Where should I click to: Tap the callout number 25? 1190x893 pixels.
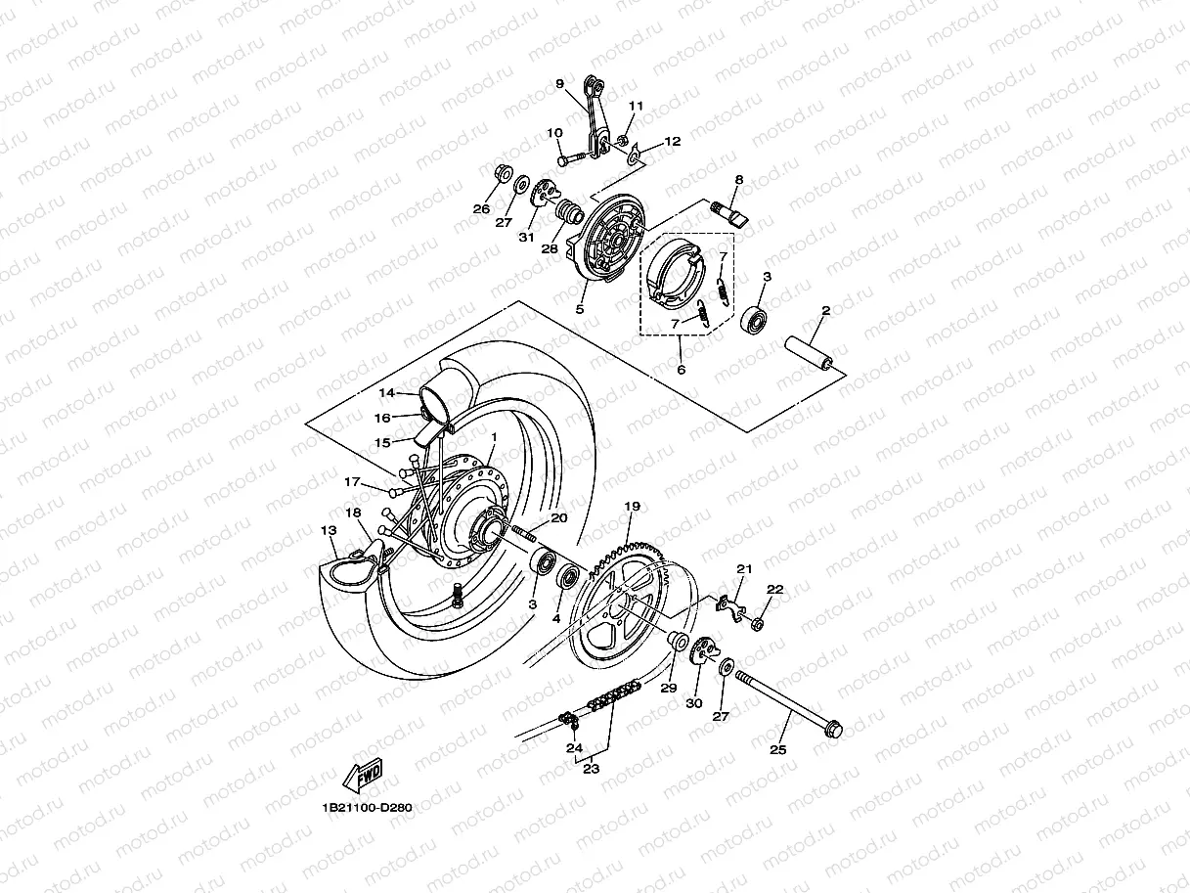pyautogui.click(x=777, y=749)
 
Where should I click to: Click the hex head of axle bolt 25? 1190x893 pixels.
pyautogui.click(x=832, y=728)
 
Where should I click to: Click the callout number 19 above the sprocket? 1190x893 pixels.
pyautogui.click(x=632, y=507)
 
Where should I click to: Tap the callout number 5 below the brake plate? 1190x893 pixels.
pyautogui.click(x=580, y=309)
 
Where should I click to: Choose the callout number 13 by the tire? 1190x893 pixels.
pyautogui.click(x=329, y=529)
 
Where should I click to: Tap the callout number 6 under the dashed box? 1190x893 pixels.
pyautogui.click(x=681, y=370)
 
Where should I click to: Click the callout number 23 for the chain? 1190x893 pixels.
pyautogui.click(x=590, y=769)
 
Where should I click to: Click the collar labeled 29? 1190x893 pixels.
pyautogui.click(x=674, y=645)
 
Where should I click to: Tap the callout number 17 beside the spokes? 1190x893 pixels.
pyautogui.click(x=352, y=480)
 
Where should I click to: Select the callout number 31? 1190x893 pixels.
pyautogui.click(x=526, y=238)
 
